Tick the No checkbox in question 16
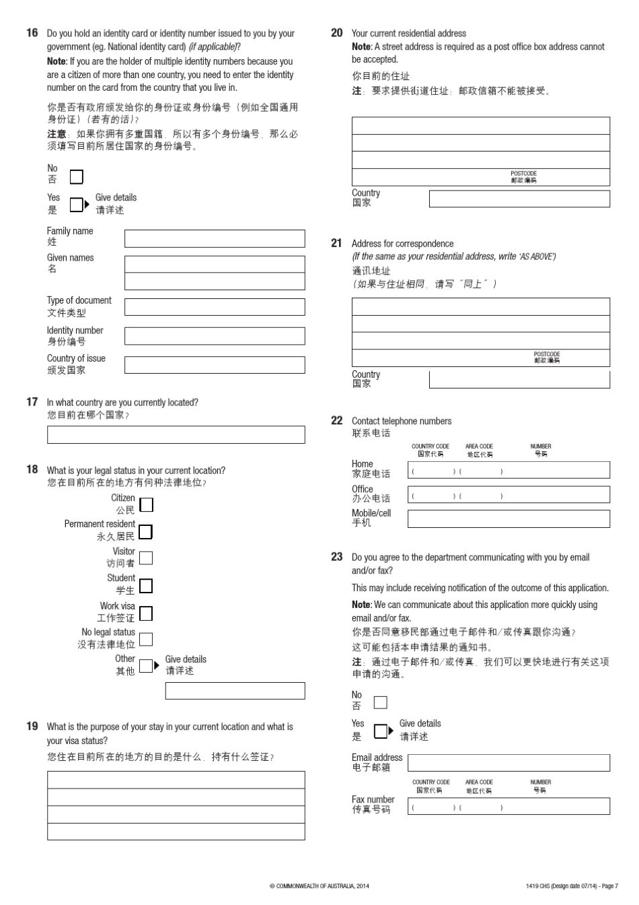76,177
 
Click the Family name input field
215,238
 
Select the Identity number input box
215,336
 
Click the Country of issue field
215,365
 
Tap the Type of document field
215,307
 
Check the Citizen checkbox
146,504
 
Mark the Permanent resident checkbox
145,532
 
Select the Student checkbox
145,586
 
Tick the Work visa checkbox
145,613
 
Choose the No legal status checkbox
145,639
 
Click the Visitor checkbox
145,558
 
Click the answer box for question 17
176,435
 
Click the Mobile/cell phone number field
509,518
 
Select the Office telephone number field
509,495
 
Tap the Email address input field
509,762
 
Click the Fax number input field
509,806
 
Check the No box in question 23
380,702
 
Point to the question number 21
336,243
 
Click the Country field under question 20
519,199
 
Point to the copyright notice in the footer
319,886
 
